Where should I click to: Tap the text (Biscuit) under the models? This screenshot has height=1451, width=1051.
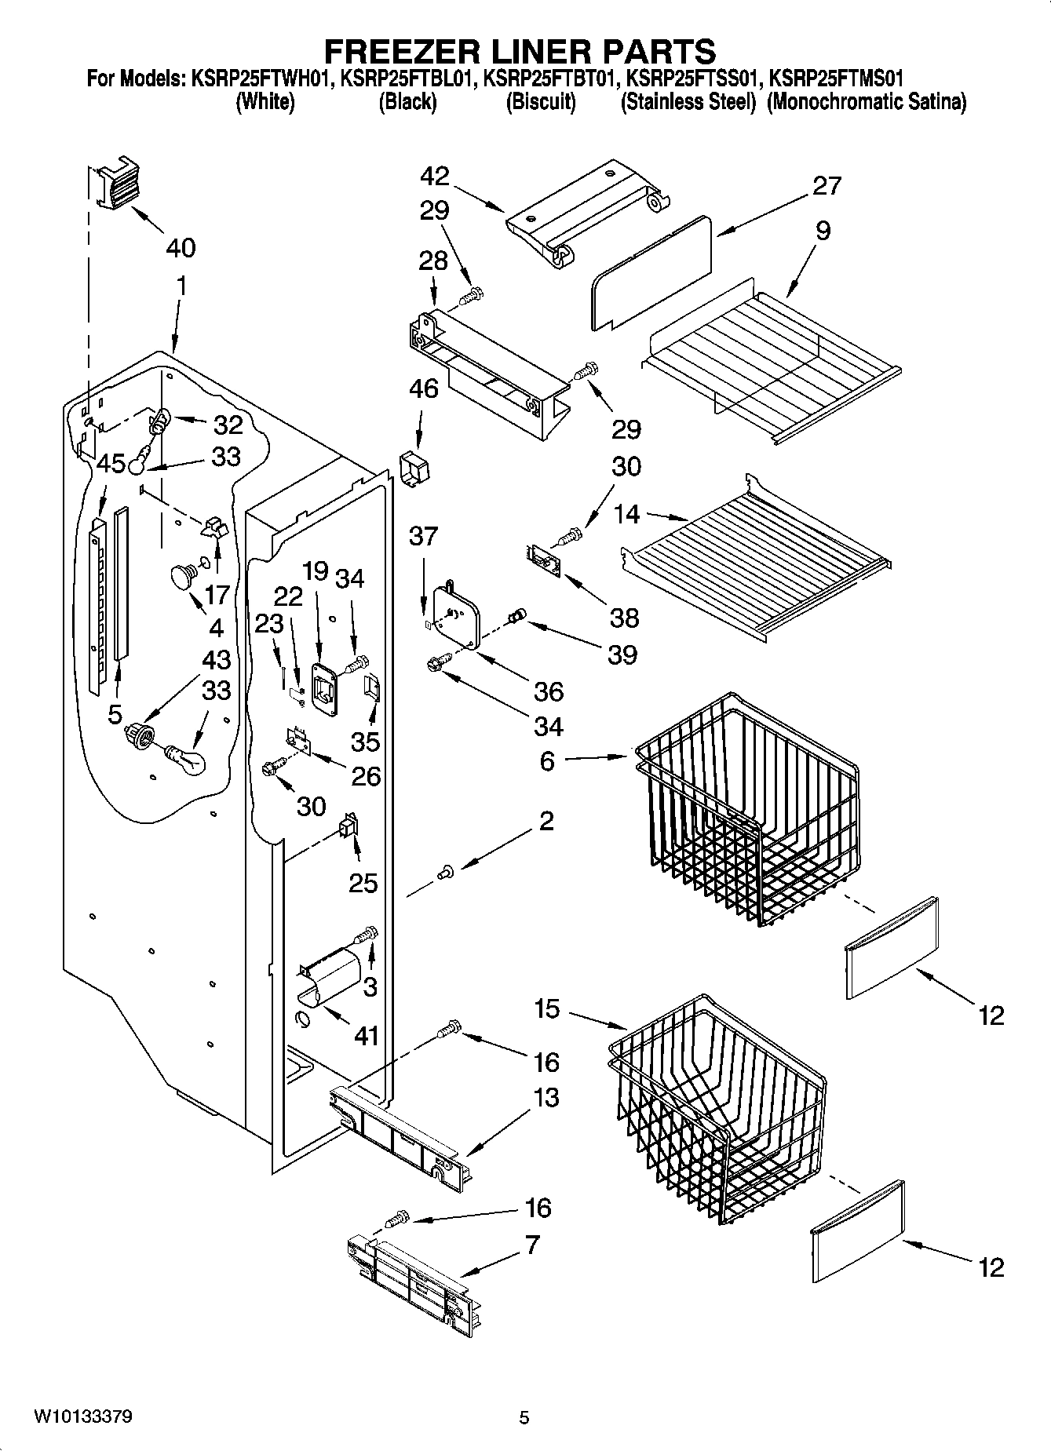tap(541, 102)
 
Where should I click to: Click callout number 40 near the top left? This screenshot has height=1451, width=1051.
tap(181, 248)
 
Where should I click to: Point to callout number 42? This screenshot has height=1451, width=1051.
tap(434, 175)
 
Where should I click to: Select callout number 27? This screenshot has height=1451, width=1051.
tap(826, 185)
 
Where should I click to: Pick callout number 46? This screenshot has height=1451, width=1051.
tap(425, 388)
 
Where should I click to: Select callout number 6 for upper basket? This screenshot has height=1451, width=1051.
tap(547, 760)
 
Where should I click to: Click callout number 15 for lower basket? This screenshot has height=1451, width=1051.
tap(548, 1008)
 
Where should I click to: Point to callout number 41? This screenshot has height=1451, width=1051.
tap(366, 1036)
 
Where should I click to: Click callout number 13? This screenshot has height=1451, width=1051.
tap(546, 1097)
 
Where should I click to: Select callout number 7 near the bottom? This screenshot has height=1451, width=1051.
tap(532, 1245)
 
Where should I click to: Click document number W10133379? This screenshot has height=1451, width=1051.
tap(82, 1417)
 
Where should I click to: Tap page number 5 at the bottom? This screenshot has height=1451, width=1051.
tap(524, 1417)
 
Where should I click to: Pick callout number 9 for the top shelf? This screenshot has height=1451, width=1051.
tap(823, 231)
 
